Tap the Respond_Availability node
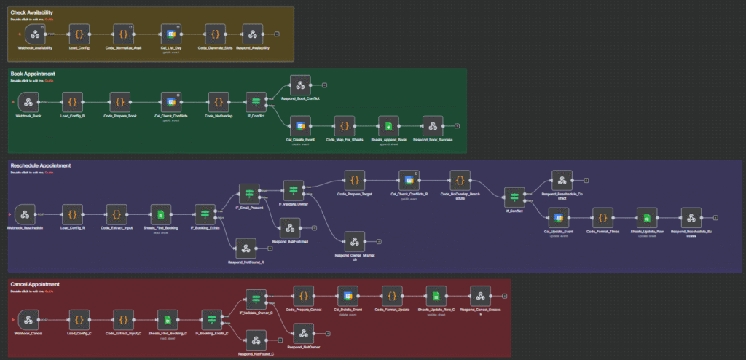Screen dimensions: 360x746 [x=253, y=34]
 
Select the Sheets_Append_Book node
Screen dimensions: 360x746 [x=388, y=125]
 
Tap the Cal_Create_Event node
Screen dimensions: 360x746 [x=299, y=125]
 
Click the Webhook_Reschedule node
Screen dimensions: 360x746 [x=25, y=214]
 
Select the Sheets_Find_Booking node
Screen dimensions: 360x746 [x=160, y=214]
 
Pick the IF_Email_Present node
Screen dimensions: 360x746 [x=249, y=193]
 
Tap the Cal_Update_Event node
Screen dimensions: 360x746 [x=558, y=217]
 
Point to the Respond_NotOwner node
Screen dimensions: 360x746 [x=302, y=332]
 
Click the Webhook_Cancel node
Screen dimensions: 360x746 [x=28, y=318]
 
